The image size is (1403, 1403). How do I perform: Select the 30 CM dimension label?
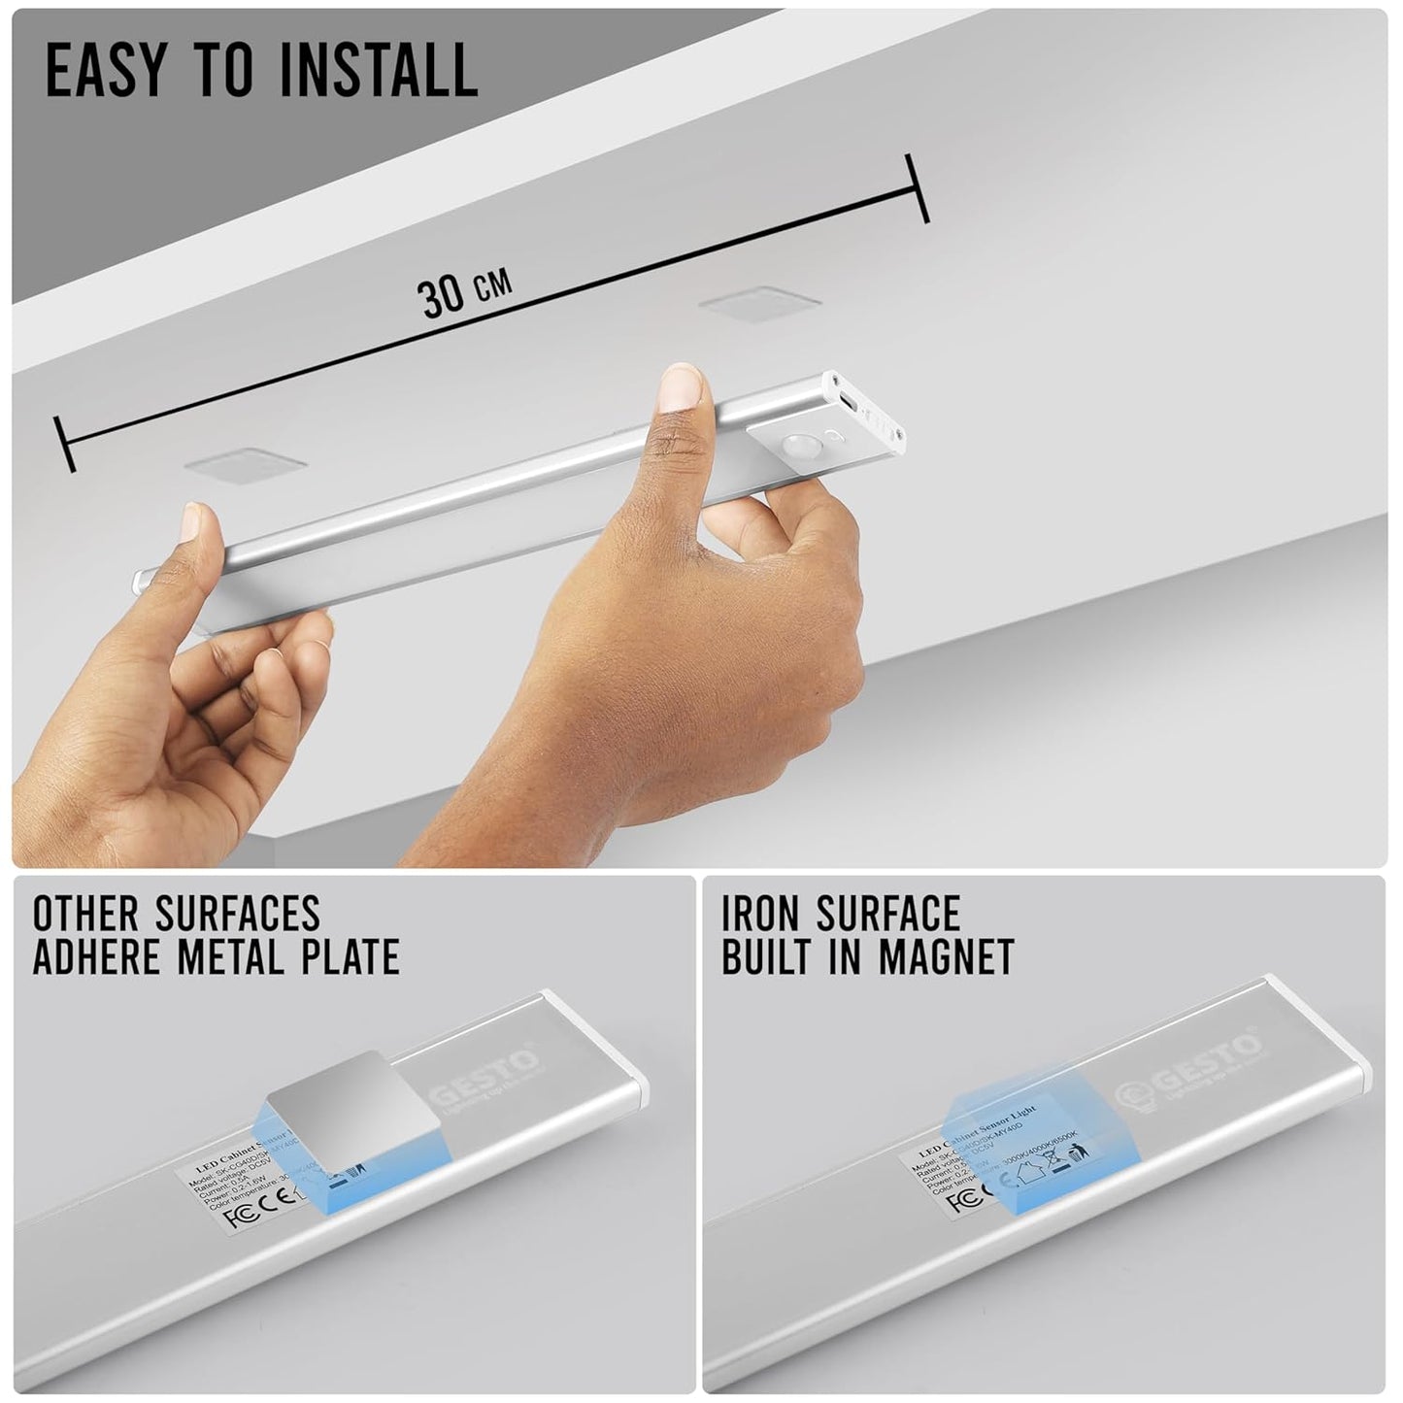[x=463, y=291]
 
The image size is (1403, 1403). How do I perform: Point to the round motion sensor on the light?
[x=800, y=447]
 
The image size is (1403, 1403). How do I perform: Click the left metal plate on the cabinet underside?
[x=246, y=465]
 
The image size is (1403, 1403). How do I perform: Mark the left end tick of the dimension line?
[x=65, y=445]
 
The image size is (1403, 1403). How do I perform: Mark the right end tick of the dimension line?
[x=917, y=187]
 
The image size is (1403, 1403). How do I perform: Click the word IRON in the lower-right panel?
[x=760, y=914]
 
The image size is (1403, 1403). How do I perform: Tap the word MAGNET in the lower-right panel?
[x=946, y=957]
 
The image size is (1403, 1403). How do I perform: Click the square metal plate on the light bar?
[x=348, y=1096]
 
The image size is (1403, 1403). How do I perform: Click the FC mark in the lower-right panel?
[x=962, y=1200]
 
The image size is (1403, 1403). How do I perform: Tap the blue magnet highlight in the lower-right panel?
[x=1015, y=1141]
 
